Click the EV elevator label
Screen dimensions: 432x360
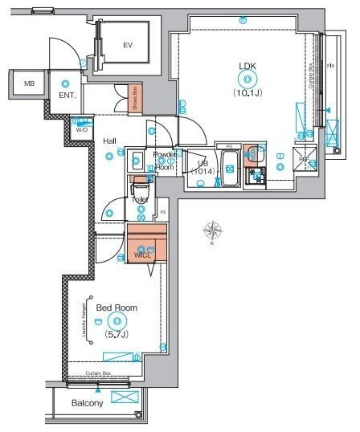click(128, 45)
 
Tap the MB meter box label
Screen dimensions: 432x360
click(29, 83)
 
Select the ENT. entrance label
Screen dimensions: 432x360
click(67, 96)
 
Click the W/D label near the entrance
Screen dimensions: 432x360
click(81, 128)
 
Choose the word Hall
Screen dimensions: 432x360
click(110, 141)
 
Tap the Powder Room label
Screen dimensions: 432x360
click(165, 160)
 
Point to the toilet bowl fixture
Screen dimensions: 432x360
click(141, 191)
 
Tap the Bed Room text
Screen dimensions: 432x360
click(117, 308)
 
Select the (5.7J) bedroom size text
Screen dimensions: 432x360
click(117, 337)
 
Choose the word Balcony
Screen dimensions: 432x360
click(87, 403)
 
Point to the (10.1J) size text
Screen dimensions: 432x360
click(246, 92)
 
